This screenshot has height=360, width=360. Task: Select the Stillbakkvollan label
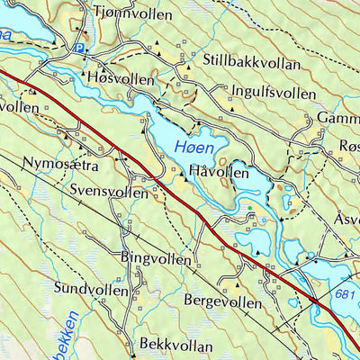click(x=254, y=63)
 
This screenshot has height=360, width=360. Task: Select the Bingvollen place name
click(x=155, y=258)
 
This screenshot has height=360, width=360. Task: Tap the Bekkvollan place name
click(x=176, y=345)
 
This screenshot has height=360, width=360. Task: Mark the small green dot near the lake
click(x=251, y=209)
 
